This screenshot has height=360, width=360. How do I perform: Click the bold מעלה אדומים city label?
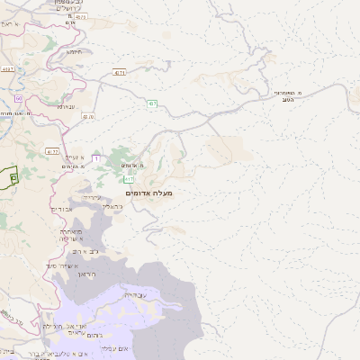(x=149, y=193)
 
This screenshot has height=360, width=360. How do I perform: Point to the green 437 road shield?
(x=120, y=71)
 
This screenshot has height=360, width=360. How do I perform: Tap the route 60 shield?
(x=18, y=97)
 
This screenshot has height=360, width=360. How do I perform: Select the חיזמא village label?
(x=74, y=51)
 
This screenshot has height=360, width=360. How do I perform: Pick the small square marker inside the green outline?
(x=13, y=178)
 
